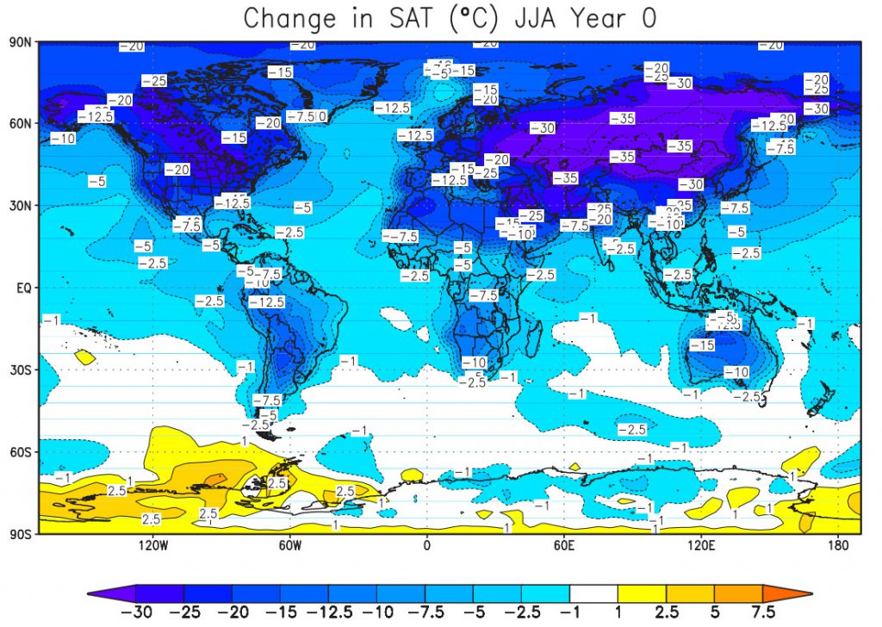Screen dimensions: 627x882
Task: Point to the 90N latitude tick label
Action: (21, 41)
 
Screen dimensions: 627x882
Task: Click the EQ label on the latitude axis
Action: (23, 288)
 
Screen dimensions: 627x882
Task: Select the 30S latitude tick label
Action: (21, 369)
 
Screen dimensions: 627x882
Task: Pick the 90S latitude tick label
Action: (21, 534)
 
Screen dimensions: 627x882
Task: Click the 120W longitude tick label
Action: (152, 546)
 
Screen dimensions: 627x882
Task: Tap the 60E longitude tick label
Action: (564, 546)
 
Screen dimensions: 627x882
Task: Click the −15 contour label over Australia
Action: (701, 345)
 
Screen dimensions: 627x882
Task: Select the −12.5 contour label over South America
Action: (266, 302)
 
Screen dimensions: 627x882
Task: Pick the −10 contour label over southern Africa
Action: (474, 363)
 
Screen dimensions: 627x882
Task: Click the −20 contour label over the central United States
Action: (177, 170)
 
